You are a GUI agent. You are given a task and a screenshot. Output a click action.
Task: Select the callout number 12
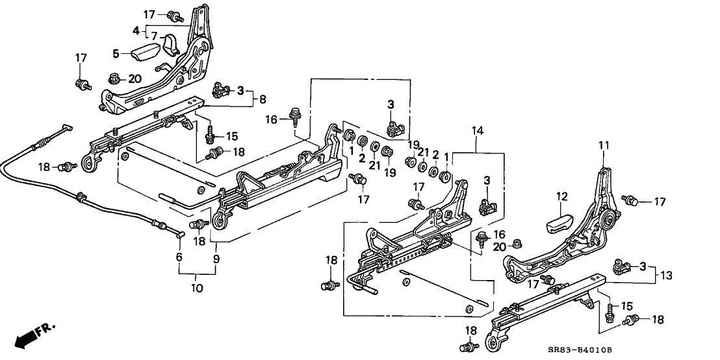561,195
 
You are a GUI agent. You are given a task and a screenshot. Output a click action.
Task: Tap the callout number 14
479,131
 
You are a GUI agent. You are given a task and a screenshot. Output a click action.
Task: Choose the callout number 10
197,287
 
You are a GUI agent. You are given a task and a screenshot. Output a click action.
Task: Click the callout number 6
179,258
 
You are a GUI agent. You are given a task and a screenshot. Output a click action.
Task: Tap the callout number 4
136,31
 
